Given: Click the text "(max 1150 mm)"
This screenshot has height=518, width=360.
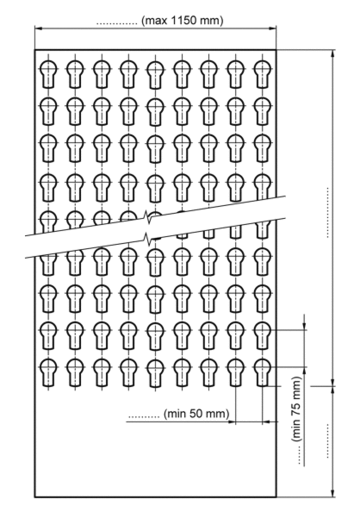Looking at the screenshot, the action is [x=182, y=21].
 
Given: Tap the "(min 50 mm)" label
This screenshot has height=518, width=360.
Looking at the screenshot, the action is [x=196, y=414].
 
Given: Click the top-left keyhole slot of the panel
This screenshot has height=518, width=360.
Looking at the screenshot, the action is [x=48, y=74].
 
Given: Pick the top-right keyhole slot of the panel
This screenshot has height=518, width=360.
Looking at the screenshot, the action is [x=262, y=74].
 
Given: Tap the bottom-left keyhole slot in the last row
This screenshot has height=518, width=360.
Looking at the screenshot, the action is [x=48, y=372].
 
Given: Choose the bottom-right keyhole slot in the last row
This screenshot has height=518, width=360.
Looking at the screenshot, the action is [x=262, y=372].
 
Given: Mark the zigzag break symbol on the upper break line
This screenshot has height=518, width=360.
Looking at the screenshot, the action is [x=148, y=218].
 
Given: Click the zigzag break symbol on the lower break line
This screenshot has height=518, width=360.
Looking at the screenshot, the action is [x=148, y=239].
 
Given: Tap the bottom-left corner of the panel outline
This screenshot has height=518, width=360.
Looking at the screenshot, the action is [x=35, y=496].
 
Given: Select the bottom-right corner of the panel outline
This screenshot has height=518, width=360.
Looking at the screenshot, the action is [x=276, y=496].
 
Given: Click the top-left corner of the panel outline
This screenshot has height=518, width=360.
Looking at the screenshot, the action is [x=35, y=50].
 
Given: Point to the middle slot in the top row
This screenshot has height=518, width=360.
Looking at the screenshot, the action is [x=155, y=75].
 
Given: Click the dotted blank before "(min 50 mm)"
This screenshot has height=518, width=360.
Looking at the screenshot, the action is [x=144, y=416].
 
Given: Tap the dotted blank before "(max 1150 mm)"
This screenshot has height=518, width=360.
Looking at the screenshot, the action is [x=117, y=23].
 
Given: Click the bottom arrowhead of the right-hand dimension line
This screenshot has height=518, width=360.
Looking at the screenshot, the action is [x=332, y=492].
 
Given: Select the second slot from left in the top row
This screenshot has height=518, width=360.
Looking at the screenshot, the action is [x=75, y=74].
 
